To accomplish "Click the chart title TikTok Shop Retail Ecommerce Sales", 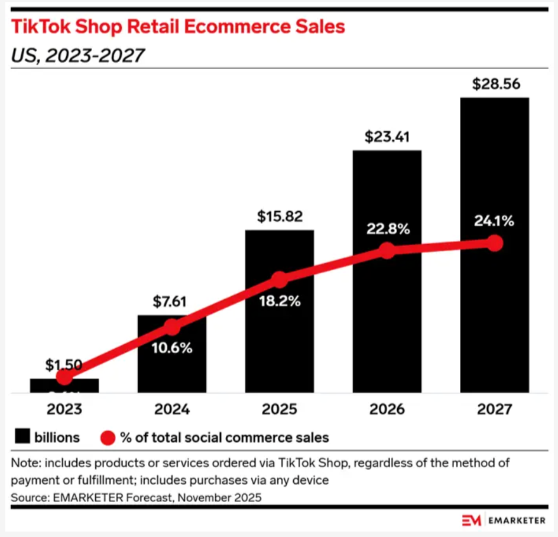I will coord(177,27).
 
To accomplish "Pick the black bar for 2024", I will coord(172,367).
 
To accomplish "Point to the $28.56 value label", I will coord(496,84).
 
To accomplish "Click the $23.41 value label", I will coord(387,137).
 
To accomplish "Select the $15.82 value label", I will coord(280,216).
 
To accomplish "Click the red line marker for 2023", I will coord(64,376).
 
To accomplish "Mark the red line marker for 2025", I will coord(280,280).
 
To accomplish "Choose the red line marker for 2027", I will coord(495,243).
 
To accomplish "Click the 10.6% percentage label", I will coord(171,348).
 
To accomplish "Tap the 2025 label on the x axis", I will coord(280,409).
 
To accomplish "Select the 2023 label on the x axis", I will coord(64,409).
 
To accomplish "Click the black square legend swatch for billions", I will coord(22,438).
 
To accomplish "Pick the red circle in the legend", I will coord(107,438).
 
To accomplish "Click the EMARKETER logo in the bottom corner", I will coord(503,520).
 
